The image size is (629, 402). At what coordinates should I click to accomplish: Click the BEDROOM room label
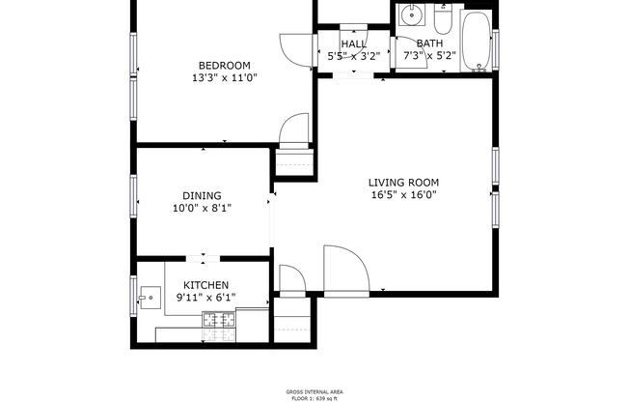coord(225,65)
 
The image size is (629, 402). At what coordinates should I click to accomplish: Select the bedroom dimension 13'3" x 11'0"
coord(225,77)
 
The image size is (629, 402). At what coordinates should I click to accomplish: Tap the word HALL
coord(353,44)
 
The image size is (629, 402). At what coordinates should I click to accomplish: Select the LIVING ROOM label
coord(403,182)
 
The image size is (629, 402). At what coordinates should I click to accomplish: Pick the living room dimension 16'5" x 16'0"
coord(403,194)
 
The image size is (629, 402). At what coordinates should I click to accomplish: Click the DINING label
coord(202,194)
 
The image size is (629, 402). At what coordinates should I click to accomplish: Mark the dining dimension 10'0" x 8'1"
coord(202,207)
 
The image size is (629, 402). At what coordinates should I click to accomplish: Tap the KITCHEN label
coord(206,285)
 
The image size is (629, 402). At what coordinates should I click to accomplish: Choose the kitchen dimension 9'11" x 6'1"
coord(206,298)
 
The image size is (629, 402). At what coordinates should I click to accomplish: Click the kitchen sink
coord(149,297)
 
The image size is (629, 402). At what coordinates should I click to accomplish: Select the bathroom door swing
coord(388,39)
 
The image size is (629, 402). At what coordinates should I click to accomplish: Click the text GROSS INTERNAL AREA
coord(314,391)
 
